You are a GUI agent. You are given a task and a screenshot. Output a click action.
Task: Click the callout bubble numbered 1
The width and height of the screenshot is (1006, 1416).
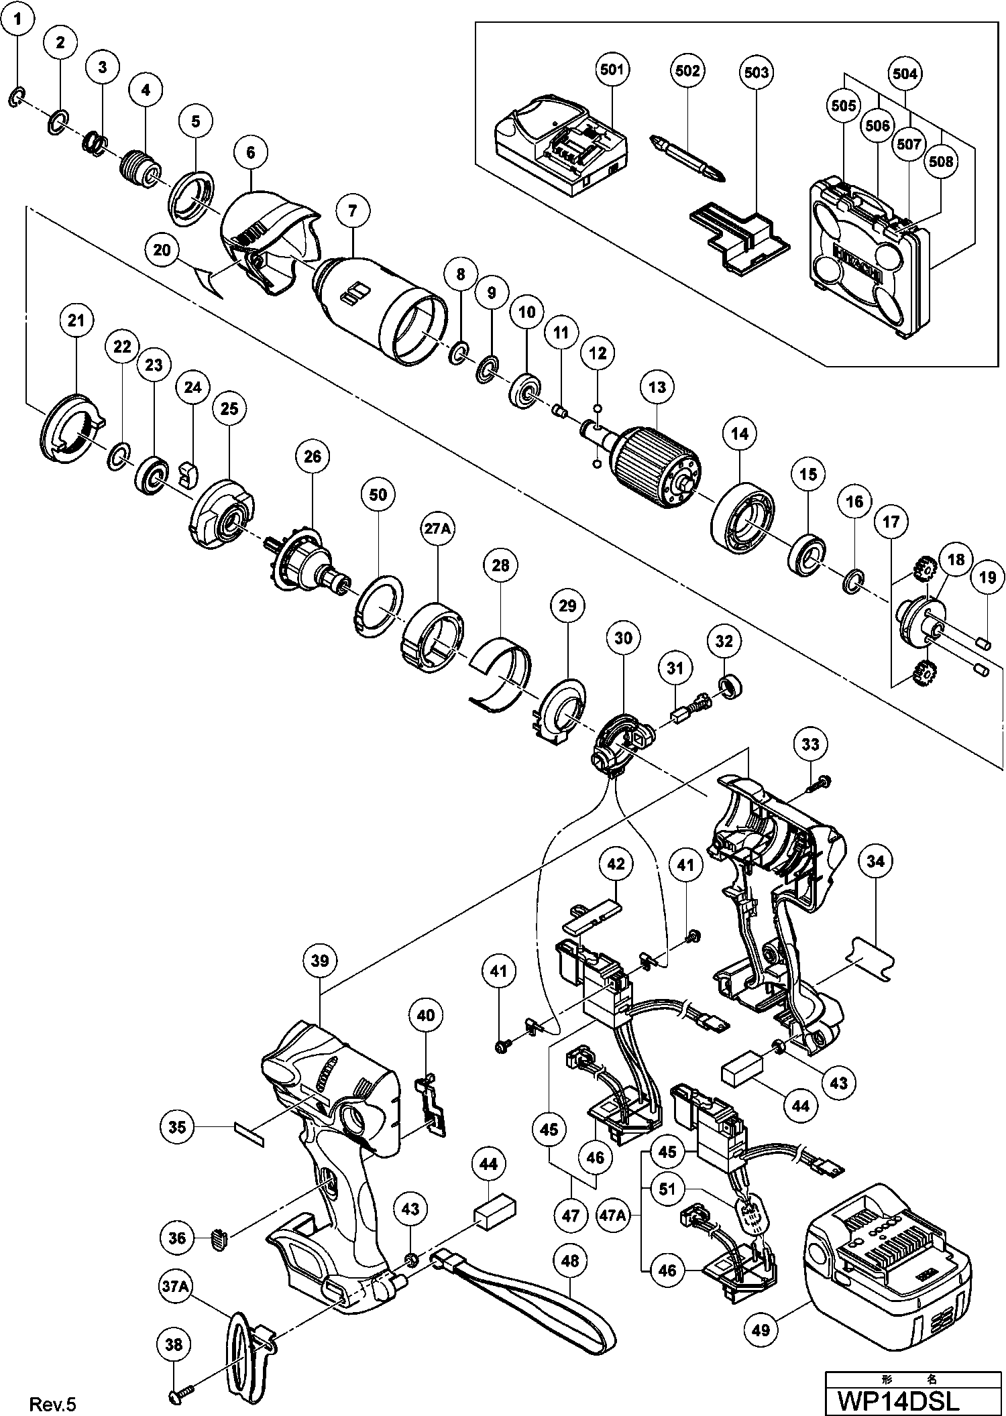coord(18,20)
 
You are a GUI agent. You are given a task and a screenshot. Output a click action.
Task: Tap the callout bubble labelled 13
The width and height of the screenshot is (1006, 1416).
coord(657,387)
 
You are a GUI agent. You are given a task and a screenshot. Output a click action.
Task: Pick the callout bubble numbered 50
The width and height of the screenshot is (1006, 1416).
coord(378,495)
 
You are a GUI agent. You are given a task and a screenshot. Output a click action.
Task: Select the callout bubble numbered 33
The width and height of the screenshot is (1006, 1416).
coord(810,744)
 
